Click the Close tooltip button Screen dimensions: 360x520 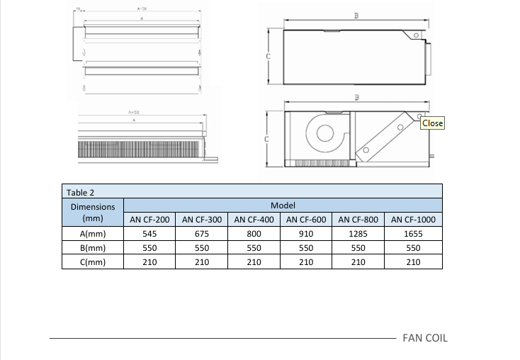pyautogui.click(x=432, y=123)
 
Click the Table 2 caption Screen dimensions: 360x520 pyautogui.click(x=80, y=191)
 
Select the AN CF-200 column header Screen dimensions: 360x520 pyautogui.click(x=149, y=220)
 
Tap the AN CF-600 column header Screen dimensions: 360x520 pyautogui.click(x=306, y=220)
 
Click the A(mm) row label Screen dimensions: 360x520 pyautogui.click(x=94, y=234)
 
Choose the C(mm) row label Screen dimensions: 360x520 pyautogui.click(x=94, y=262)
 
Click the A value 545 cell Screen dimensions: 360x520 pyautogui.click(x=149, y=234)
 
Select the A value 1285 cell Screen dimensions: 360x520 pyautogui.click(x=358, y=234)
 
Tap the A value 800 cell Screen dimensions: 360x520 pyautogui.click(x=254, y=234)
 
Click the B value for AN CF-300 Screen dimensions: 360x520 pyautogui.click(x=202, y=248)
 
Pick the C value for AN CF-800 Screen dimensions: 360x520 pyautogui.click(x=358, y=262)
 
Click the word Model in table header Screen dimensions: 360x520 pyautogui.click(x=283, y=206)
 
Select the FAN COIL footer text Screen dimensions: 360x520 pyautogui.click(x=425, y=337)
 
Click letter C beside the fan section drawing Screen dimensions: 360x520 pyautogui.click(x=267, y=139)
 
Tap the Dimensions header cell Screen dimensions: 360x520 pyautogui.click(x=94, y=213)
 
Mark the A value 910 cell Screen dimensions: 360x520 pyautogui.click(x=306, y=234)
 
